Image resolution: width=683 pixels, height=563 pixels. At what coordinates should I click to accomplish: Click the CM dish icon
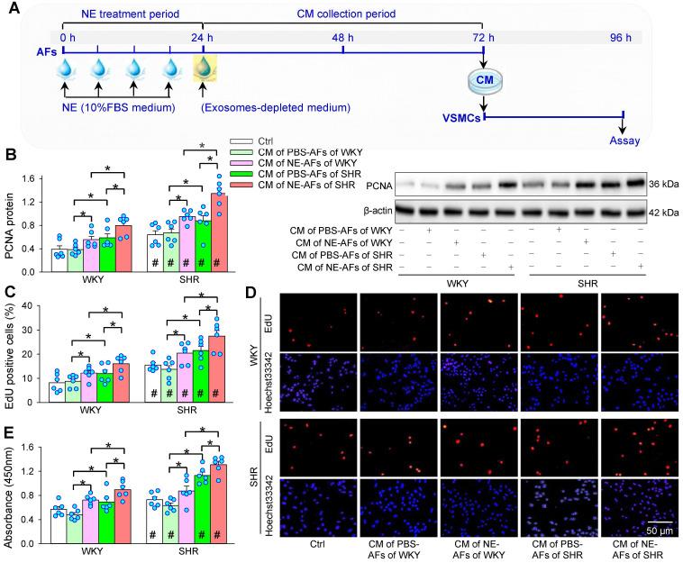[x=484, y=82]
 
